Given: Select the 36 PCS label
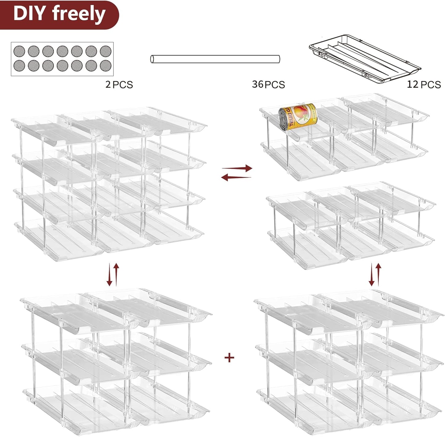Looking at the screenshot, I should point(268,84).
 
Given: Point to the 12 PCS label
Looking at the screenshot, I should point(424,84).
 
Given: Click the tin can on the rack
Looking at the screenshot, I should point(297,117).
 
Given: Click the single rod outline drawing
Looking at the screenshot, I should point(215,59).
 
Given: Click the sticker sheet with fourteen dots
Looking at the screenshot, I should point(62,59).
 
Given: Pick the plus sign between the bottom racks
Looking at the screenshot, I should point(229,357).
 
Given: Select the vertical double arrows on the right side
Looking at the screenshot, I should point(375,274).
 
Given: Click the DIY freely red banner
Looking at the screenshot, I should point(59,14).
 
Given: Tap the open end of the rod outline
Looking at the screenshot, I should point(152,59).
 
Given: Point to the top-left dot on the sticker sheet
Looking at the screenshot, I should point(19,51).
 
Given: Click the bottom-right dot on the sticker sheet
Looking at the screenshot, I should point(105,65).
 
